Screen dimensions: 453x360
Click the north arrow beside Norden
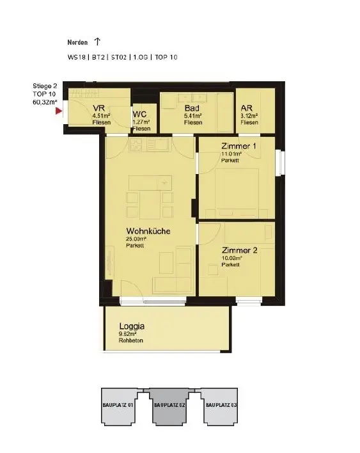[x=97, y=42]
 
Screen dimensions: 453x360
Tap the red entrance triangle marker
[x=59, y=111]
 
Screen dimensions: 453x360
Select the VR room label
[x=98, y=108]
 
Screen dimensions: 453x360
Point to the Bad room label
[x=192, y=108]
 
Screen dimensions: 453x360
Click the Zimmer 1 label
[x=239, y=147]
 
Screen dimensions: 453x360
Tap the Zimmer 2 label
[x=239, y=250]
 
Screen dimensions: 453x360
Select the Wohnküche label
[x=148, y=231]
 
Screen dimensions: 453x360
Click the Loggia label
[x=132, y=326]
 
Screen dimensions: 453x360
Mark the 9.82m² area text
[x=129, y=333]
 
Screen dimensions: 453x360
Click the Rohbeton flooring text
[x=130, y=340]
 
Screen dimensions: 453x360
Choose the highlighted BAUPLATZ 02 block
[x=169, y=405]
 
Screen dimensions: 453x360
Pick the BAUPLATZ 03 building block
[x=221, y=405]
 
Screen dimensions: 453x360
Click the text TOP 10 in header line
[x=165, y=58]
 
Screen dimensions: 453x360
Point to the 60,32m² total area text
[x=45, y=101]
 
